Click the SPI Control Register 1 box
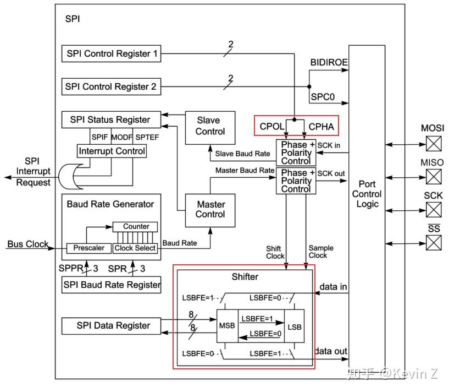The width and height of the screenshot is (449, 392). coord(112,54)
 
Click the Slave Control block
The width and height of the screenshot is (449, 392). coord(210,126)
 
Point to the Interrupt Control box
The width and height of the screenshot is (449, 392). coord(112,151)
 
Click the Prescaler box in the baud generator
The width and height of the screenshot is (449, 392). coord(88,248)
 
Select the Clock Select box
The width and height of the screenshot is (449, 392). coord(135,248)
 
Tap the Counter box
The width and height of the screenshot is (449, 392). coord(136,226)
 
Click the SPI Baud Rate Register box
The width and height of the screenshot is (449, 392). coord(112,285)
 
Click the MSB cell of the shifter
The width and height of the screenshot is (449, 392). coord(227,325)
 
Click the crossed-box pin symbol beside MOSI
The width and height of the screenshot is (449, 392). coord(434,144)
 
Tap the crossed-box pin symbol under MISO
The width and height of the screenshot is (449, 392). coord(434,177)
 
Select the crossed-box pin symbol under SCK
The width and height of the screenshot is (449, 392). coord(434,210)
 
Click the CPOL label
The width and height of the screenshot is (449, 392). coord(271,127)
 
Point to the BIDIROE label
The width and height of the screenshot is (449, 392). coord(329,63)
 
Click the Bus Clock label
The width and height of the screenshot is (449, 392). coord(27,244)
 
